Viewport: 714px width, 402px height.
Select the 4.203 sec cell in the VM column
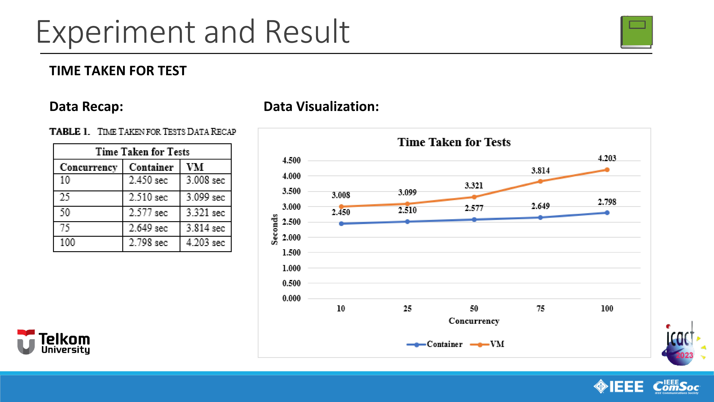point(205,243)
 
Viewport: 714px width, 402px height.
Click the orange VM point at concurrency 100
point(607,170)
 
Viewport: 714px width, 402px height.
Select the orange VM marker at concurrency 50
point(474,197)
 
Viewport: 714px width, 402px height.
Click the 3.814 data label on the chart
point(540,171)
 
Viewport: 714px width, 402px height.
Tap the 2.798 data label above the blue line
point(607,202)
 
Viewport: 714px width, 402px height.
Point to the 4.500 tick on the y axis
point(291,160)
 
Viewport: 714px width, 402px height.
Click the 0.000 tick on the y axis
point(291,299)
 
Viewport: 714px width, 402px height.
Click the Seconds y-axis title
point(274,229)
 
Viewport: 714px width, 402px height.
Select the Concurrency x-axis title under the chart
point(474,321)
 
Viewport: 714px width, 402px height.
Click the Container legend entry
point(435,344)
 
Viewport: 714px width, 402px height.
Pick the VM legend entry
point(487,344)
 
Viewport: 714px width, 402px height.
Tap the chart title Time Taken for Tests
point(454,142)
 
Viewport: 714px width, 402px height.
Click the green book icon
point(636,32)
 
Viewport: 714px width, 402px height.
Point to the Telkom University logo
point(54,342)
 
